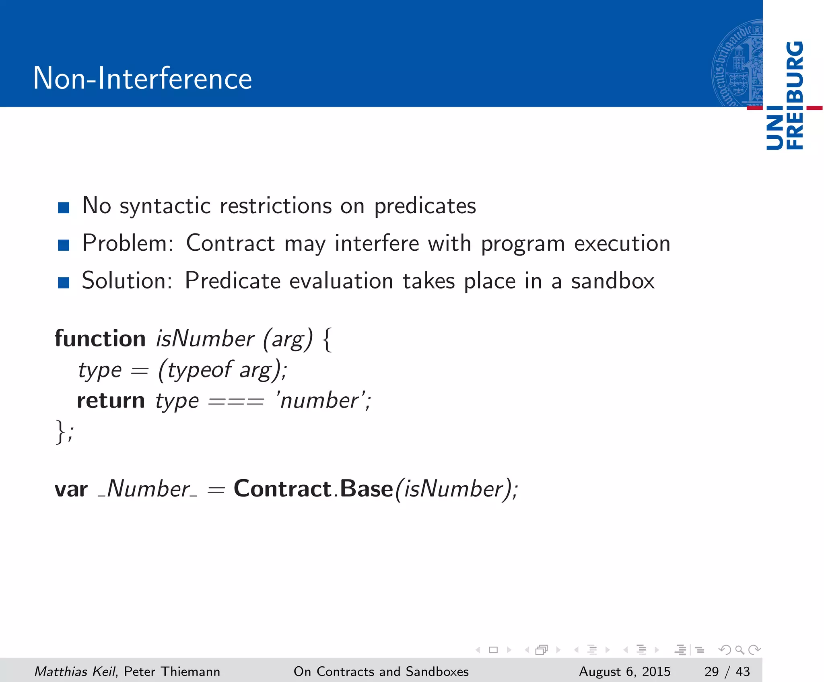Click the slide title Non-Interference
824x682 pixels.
[142, 78]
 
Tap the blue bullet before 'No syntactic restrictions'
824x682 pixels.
[64, 208]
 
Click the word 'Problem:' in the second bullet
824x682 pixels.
[128, 243]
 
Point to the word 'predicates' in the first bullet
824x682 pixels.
[425, 206]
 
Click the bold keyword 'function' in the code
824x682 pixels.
[100, 338]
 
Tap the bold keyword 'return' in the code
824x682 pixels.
[111, 401]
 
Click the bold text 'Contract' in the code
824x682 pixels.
[282, 489]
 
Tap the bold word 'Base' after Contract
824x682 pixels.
[366, 489]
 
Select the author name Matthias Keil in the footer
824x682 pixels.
[75, 672]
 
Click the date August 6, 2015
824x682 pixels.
[624, 672]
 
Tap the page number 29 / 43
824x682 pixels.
[727, 672]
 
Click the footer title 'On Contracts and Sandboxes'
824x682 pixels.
[381, 672]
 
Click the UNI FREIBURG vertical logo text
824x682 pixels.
[785, 96]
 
